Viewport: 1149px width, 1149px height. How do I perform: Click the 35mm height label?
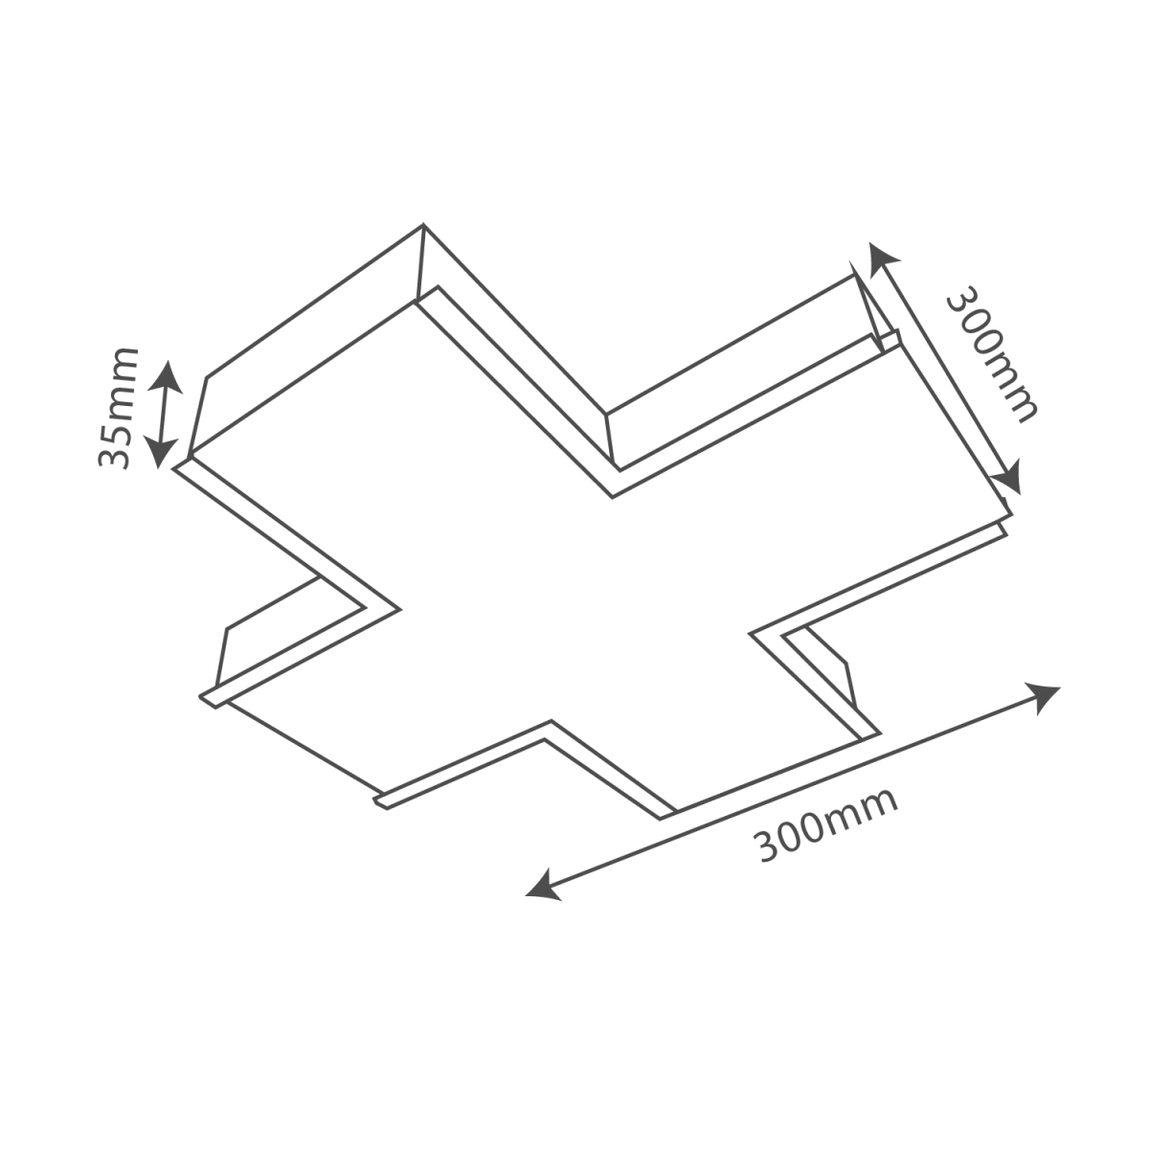point(118,408)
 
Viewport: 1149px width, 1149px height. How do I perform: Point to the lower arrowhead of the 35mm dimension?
point(161,453)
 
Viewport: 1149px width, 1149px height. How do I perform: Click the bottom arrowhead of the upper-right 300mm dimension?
point(1009,477)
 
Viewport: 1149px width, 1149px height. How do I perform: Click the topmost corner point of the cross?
point(423,225)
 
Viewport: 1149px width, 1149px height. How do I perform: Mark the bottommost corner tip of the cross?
point(660,820)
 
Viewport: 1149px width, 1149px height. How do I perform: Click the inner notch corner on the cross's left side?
point(398,609)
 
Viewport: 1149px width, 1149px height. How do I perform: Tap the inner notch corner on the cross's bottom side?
point(551,721)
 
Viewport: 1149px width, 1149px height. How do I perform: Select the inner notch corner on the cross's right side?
point(750,633)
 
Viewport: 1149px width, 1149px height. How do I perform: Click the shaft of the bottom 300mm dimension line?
point(793,793)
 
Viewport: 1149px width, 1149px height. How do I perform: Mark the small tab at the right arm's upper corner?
point(890,340)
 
